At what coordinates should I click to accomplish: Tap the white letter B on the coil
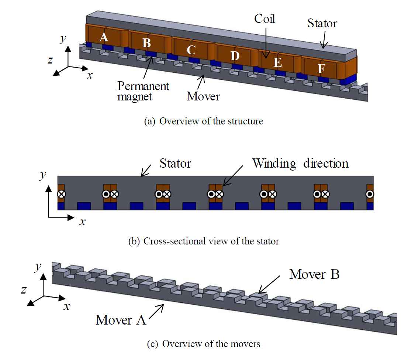[146, 44]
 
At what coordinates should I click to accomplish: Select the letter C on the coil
[190, 49]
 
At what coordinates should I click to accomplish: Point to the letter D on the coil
[235, 56]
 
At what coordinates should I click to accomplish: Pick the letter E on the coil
[278, 63]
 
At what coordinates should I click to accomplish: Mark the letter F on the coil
[322, 69]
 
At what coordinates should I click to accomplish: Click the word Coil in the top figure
[265, 18]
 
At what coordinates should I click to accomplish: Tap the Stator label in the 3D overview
[322, 24]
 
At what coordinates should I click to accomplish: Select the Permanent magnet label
[143, 91]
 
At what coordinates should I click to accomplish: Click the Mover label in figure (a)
[203, 97]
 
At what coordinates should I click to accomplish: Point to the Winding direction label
[300, 163]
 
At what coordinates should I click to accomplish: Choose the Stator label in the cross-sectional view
[175, 163]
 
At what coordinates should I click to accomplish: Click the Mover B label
[314, 274]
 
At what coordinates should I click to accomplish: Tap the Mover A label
[121, 319]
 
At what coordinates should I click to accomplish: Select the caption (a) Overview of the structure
[203, 121]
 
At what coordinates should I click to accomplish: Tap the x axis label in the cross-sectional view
[83, 222]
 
